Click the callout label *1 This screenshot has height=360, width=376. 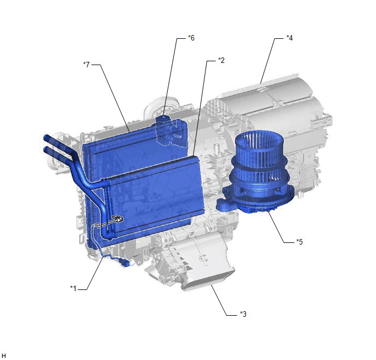(73, 288)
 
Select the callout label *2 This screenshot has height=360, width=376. (221, 60)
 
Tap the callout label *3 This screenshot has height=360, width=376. (243, 314)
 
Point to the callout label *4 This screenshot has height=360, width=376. (290, 38)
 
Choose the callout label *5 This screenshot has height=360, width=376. (299, 241)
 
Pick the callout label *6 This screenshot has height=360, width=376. (191, 38)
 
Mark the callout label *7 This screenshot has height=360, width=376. (86, 65)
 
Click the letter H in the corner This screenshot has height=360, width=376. (4, 356)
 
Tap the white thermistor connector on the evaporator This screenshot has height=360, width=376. (118, 219)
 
